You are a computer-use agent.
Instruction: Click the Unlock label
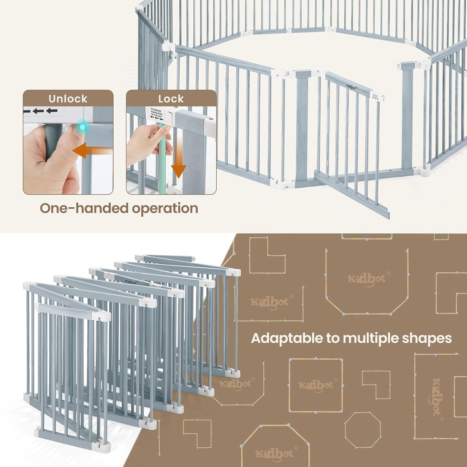pyautogui.click(x=68, y=99)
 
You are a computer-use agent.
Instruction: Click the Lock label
pyautogui.click(x=171, y=99)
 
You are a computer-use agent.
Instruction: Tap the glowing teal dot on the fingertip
pyautogui.click(x=83, y=127)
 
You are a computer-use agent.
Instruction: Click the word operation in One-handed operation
pyautogui.click(x=165, y=208)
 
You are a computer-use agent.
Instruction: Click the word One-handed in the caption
pyautogui.click(x=84, y=208)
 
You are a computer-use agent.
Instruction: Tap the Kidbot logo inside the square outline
pyautogui.click(x=316, y=385)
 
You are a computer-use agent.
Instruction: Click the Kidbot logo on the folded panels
pyautogui.click(x=131, y=281)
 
